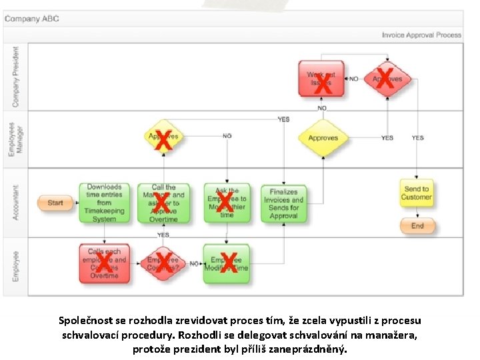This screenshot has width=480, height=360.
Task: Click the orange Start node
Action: pos(55,203)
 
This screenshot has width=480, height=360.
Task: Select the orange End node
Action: pos(417,226)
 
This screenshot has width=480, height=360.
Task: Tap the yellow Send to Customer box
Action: pos(417,193)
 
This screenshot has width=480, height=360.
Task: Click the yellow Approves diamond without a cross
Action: pos(323,138)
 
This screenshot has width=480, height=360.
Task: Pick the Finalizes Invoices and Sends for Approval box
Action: pos(284,203)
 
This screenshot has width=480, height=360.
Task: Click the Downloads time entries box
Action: pos(105,203)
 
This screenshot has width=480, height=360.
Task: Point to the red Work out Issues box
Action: pos(321,79)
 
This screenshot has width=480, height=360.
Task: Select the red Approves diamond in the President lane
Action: pos(387,79)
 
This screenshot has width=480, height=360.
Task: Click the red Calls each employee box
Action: pos(104,263)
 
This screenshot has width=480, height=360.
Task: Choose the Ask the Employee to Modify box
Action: pos(227,203)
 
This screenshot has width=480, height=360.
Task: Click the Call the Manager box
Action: pos(163,203)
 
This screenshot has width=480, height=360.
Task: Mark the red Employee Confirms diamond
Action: pos(163,263)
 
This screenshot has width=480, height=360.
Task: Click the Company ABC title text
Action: pos(32,19)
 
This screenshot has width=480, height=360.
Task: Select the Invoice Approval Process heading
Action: pos(421,35)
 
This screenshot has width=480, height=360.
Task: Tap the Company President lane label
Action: pos(15,77)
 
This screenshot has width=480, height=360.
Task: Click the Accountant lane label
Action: pos(15,203)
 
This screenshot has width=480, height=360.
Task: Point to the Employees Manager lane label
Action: pos(15,139)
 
